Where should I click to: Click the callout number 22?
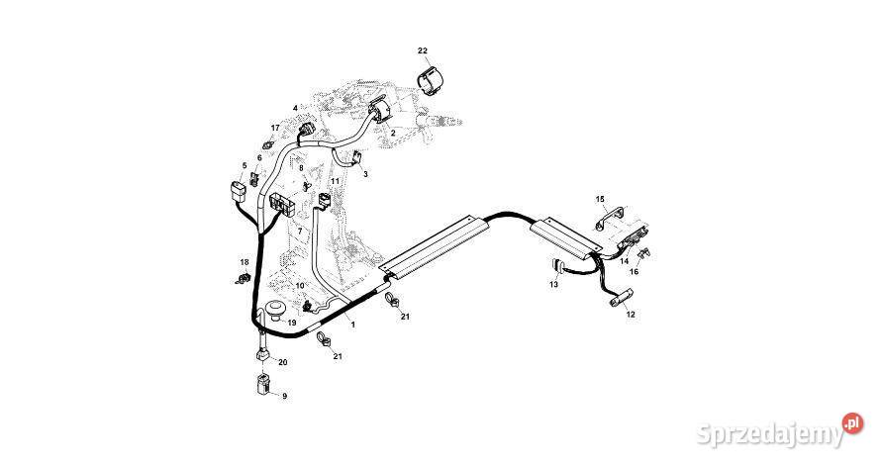pos(423,50)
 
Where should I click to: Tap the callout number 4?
pos(295,107)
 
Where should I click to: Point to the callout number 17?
pos(275,128)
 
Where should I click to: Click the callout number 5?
pos(244,165)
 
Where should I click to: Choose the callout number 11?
pos(335,181)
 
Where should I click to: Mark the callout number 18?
pos(244,262)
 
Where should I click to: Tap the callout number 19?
pos(292,324)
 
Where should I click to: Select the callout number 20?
pos(282,363)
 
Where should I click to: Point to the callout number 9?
pos(284,396)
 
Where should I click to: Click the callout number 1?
pos(351,326)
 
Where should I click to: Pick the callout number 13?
pos(554,284)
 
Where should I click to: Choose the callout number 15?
pos(600,199)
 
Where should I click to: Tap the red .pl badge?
pos(852,423)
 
